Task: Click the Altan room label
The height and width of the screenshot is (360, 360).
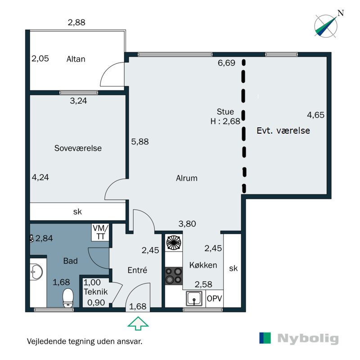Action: pyautogui.click(x=76, y=59)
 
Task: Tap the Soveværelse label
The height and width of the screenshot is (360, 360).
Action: pyautogui.click(x=78, y=148)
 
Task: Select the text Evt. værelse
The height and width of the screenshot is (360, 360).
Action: pyautogui.click(x=283, y=130)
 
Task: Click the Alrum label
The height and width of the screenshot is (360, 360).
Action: pyautogui.click(x=187, y=178)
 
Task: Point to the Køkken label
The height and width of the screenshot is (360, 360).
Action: pyautogui.click(x=203, y=265)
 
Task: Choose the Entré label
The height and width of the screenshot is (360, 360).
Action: pyautogui.click(x=137, y=270)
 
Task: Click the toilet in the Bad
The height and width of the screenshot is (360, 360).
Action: pyautogui.click(x=68, y=298)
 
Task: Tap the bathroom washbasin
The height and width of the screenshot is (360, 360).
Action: pyautogui.click(x=36, y=272)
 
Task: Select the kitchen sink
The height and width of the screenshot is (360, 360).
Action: pyautogui.click(x=194, y=298)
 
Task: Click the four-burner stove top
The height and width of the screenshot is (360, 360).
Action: pyautogui.click(x=174, y=276)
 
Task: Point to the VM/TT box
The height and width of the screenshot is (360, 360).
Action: pyautogui.click(x=100, y=232)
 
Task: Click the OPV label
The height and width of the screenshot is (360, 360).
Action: pyautogui.click(x=215, y=298)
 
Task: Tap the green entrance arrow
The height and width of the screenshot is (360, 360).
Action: pyautogui.click(x=138, y=323)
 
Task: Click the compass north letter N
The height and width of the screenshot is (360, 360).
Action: pyautogui.click(x=341, y=13)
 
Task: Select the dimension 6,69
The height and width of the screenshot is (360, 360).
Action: pyautogui.click(x=226, y=63)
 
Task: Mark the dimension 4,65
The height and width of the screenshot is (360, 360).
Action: pyautogui.click(x=316, y=115)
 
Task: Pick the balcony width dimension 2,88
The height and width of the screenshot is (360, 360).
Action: pyautogui.click(x=76, y=22)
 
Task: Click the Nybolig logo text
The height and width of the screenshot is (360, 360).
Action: pyautogui.click(x=308, y=339)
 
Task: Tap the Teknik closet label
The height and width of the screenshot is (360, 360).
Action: pyautogui.click(x=95, y=292)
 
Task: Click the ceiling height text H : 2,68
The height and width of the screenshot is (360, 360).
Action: pyautogui.click(x=225, y=121)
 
